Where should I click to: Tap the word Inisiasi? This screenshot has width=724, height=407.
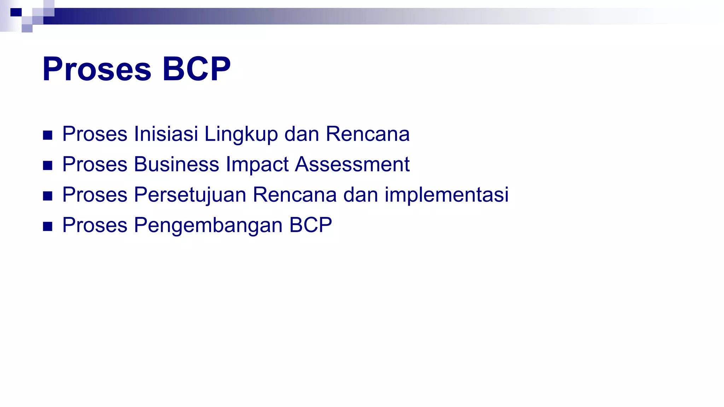click(x=166, y=134)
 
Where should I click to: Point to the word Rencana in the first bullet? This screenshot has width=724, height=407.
click(x=367, y=134)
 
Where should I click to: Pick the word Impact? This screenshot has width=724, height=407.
click(x=257, y=165)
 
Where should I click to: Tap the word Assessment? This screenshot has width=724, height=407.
click(x=352, y=164)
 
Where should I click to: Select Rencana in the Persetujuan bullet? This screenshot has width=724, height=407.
click(x=294, y=195)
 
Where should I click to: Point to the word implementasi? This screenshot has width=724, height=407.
click(x=446, y=195)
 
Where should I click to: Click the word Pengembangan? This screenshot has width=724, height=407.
click(x=208, y=225)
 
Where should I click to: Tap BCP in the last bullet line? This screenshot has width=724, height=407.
click(x=310, y=225)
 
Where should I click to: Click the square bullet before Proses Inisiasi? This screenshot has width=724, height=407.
click(x=48, y=135)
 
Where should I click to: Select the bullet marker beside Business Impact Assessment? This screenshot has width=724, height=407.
click(x=48, y=166)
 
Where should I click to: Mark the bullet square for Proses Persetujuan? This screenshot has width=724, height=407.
click(x=48, y=196)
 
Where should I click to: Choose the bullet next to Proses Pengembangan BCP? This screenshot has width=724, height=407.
click(x=48, y=226)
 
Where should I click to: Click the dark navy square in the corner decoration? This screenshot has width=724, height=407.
click(x=16, y=12)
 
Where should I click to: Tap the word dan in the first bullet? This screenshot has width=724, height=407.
click(x=302, y=134)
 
